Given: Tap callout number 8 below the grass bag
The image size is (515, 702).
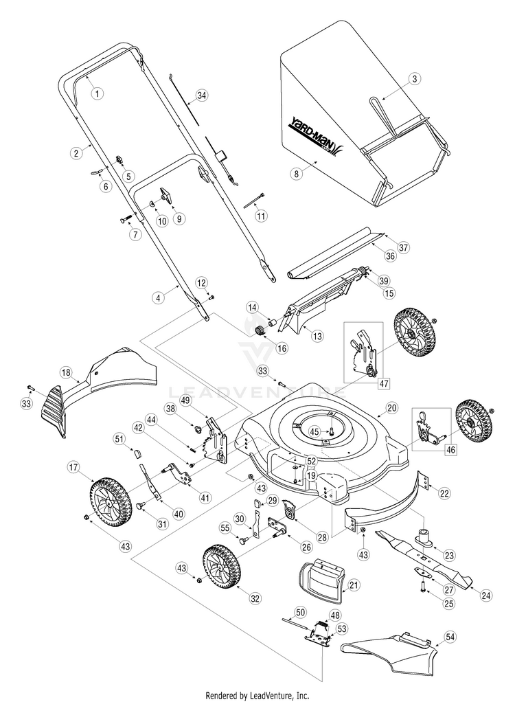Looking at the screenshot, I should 297,174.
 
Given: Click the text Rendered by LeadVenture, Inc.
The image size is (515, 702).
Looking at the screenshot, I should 257,694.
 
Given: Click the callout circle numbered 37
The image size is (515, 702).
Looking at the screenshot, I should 403,247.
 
